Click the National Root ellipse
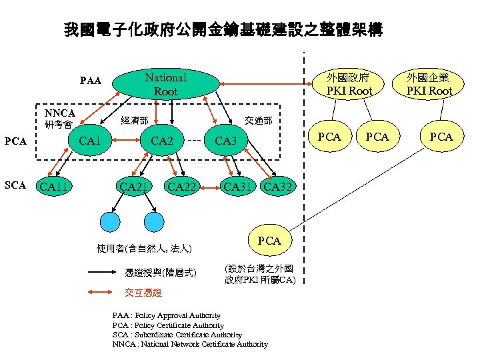tap(166, 84)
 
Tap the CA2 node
tap(162, 141)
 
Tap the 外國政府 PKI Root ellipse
tap(348, 84)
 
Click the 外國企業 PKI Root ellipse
tap(430, 84)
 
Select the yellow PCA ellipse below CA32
tap(269, 240)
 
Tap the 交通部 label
tap(259, 121)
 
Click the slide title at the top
tap(223, 30)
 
